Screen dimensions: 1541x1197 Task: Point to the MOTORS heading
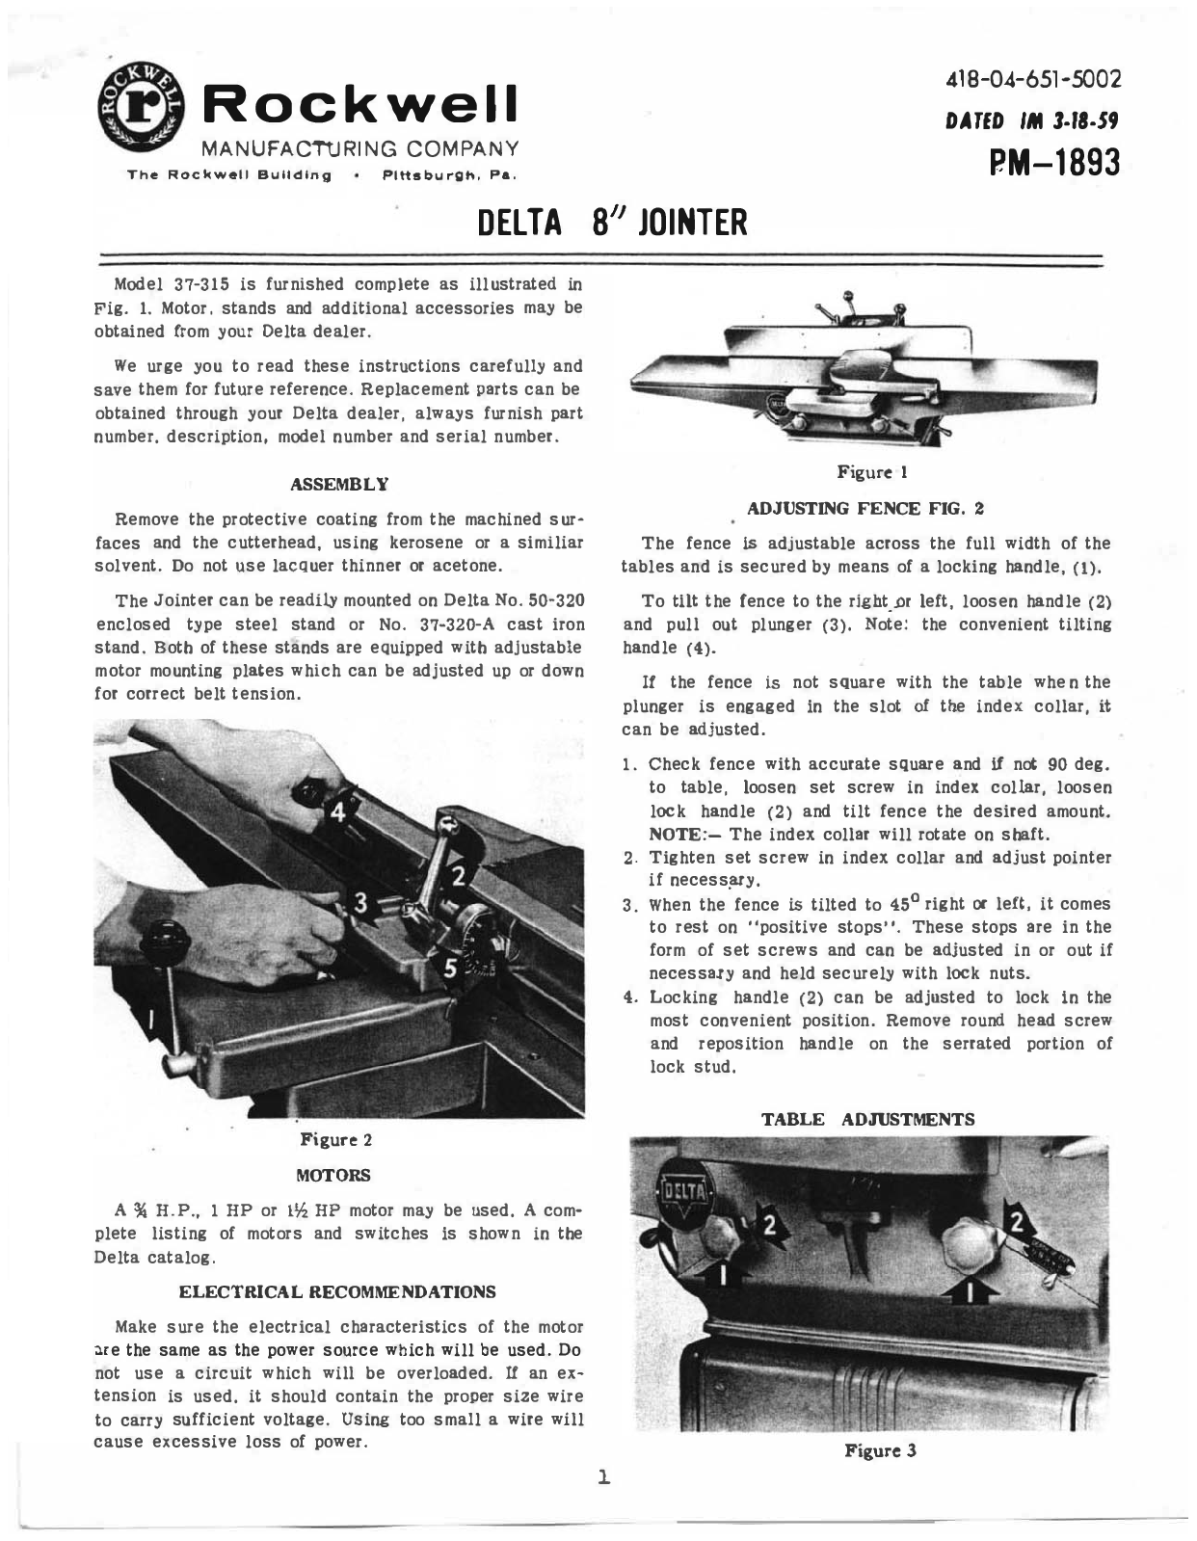(333, 1176)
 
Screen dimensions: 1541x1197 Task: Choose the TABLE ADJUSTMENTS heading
(868, 1119)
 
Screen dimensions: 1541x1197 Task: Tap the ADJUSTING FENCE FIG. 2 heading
(866, 507)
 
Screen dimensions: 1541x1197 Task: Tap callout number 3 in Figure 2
(361, 903)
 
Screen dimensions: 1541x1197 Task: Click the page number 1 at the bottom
(604, 1475)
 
